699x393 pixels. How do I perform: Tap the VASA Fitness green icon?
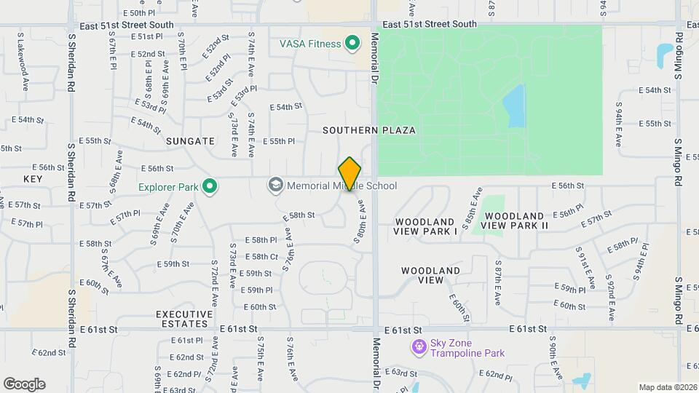pos(352,44)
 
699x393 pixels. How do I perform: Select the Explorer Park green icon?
pos(210,187)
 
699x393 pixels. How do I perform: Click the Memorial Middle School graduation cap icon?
pos(275,186)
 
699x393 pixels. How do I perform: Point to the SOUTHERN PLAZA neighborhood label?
pos(370,130)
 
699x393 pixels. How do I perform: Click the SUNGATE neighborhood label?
pos(190,141)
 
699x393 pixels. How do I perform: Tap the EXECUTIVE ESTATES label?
pos(184,319)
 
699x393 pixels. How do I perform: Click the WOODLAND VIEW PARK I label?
pos(426,226)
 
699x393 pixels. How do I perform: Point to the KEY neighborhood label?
pos(33,178)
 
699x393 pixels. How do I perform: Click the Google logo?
pos(24,384)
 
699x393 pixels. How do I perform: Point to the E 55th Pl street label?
pos(278,141)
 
